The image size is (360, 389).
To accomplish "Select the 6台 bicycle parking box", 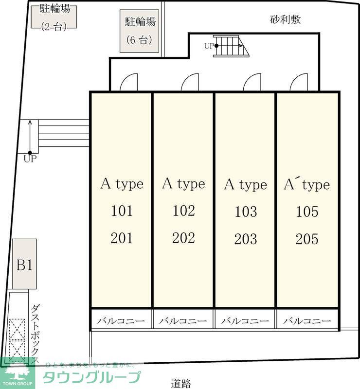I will tap(140, 31).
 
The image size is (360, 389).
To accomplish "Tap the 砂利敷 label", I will tap(286, 19).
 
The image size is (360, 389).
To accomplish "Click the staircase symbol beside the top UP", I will tap(231, 46).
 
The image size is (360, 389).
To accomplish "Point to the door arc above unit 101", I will tap(129, 83).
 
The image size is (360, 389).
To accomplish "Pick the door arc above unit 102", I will tap(190, 83).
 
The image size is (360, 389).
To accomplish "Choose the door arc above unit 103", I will tap(252, 83).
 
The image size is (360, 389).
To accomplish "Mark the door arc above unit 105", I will tap(299, 83).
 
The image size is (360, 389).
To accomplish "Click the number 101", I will tap(122, 212).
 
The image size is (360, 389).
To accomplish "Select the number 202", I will tap(183, 238).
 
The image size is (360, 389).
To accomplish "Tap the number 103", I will tap(245, 212).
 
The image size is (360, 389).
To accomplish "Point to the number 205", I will tap(307, 239).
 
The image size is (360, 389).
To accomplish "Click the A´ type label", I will tap(306, 185).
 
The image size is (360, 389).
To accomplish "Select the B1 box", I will tap(24, 265).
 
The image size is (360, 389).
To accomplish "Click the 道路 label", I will tap(180, 383).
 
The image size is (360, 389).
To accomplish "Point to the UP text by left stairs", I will tap(30, 159).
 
